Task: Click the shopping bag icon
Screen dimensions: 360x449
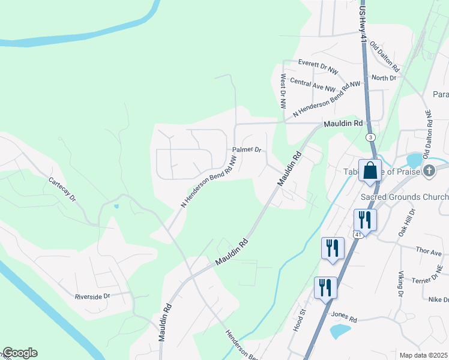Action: [x=370, y=170]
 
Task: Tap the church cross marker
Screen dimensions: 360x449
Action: [x=429, y=171]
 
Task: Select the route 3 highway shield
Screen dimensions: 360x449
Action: [x=371, y=137]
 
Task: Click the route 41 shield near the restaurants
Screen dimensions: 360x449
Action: [x=358, y=234]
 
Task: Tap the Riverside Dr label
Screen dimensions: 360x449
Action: [x=92, y=296]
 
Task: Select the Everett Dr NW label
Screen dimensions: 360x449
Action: [x=318, y=63]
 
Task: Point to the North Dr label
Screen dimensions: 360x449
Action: [x=384, y=78]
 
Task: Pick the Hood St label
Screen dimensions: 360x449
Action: [x=303, y=316]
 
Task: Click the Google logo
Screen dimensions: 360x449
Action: [x=20, y=353]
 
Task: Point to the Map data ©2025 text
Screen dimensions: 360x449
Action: [x=423, y=355]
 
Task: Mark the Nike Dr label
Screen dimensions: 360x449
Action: [x=438, y=299]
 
